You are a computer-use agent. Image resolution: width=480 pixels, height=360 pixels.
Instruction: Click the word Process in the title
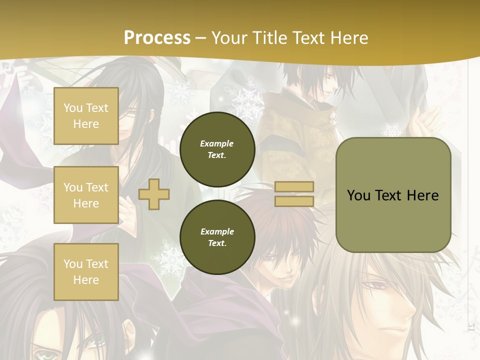(157, 38)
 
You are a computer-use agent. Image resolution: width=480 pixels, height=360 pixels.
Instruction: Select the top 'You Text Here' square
(86, 116)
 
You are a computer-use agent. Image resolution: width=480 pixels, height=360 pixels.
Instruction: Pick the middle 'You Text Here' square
(86, 195)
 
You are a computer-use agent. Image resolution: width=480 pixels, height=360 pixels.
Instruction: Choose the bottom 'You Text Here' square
(86, 271)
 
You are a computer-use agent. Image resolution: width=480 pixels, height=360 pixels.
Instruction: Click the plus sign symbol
(153, 194)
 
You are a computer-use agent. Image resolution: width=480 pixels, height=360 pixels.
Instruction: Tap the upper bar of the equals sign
(294, 187)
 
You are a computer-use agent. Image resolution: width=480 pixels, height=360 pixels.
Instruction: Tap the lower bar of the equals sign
(294, 201)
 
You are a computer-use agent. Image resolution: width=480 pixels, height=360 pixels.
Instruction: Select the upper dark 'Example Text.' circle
(217, 149)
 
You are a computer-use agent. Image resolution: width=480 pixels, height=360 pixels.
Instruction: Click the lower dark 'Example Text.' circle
(217, 237)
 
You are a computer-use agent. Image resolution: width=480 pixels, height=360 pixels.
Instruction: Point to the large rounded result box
(393, 195)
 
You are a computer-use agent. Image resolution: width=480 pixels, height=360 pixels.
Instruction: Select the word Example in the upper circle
(217, 143)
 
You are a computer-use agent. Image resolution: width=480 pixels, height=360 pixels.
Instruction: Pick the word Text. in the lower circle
(217, 243)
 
